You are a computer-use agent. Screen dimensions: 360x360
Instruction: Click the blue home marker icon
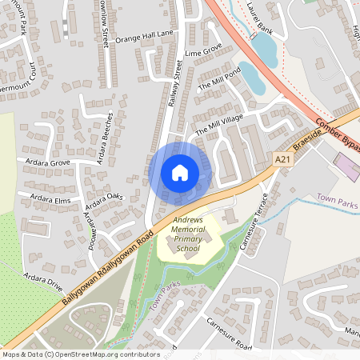[x=179, y=172]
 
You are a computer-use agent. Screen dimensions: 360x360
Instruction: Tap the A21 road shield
[x=281, y=160]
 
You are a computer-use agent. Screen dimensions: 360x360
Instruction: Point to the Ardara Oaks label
[x=105, y=195]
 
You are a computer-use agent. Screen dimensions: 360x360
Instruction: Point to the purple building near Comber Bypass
[x=347, y=168]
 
